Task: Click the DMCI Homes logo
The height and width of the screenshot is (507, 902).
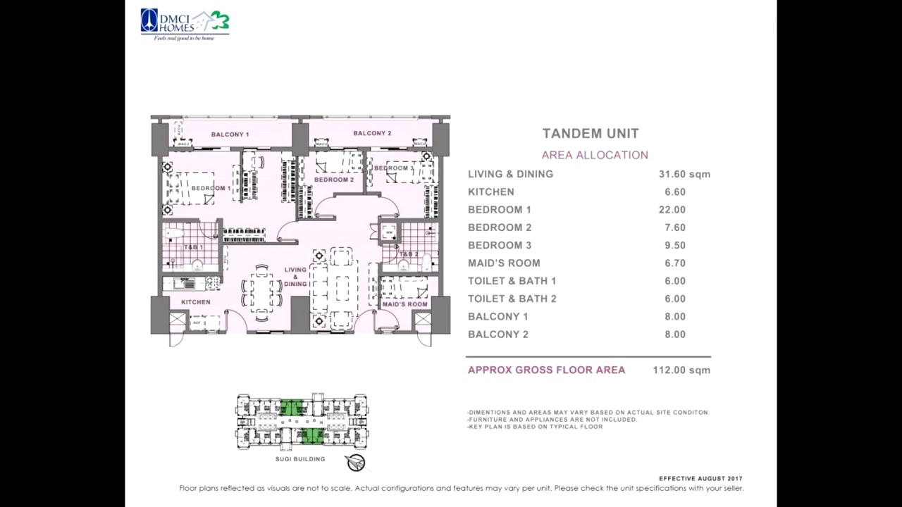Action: pyautogui.click(x=185, y=24)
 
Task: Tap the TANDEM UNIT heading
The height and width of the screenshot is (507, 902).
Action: pyautogui.click(x=591, y=134)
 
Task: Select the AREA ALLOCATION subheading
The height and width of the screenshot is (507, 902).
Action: pyautogui.click(x=595, y=155)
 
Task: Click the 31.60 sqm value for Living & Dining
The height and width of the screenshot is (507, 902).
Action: pyautogui.click(x=684, y=174)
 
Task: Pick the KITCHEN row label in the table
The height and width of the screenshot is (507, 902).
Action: pyautogui.click(x=491, y=192)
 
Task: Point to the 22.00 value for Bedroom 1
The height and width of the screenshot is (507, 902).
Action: pyautogui.click(x=672, y=210)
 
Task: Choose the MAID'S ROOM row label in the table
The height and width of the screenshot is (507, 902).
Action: pyautogui.click(x=504, y=263)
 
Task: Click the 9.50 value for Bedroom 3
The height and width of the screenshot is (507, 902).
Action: pyautogui.click(x=674, y=245)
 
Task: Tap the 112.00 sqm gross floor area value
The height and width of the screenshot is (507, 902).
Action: pyautogui.click(x=681, y=370)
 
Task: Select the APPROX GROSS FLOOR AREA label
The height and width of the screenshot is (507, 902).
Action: pyautogui.click(x=546, y=370)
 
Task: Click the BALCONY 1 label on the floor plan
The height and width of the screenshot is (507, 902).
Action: pyautogui.click(x=230, y=134)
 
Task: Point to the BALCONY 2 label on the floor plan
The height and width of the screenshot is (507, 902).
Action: pyautogui.click(x=372, y=133)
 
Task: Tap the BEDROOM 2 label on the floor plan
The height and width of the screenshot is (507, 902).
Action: pyautogui.click(x=334, y=180)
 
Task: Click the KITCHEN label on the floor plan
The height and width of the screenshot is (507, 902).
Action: pyautogui.click(x=195, y=302)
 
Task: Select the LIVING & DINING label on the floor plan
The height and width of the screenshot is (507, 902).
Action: pyautogui.click(x=295, y=277)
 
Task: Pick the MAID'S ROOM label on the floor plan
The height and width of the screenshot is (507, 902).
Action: pyautogui.click(x=404, y=304)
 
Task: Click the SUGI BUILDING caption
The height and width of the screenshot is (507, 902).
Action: pyautogui.click(x=300, y=459)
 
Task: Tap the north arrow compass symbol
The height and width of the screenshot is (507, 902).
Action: pyautogui.click(x=356, y=463)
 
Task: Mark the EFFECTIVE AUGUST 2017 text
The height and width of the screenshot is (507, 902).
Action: pyautogui.click(x=700, y=479)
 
